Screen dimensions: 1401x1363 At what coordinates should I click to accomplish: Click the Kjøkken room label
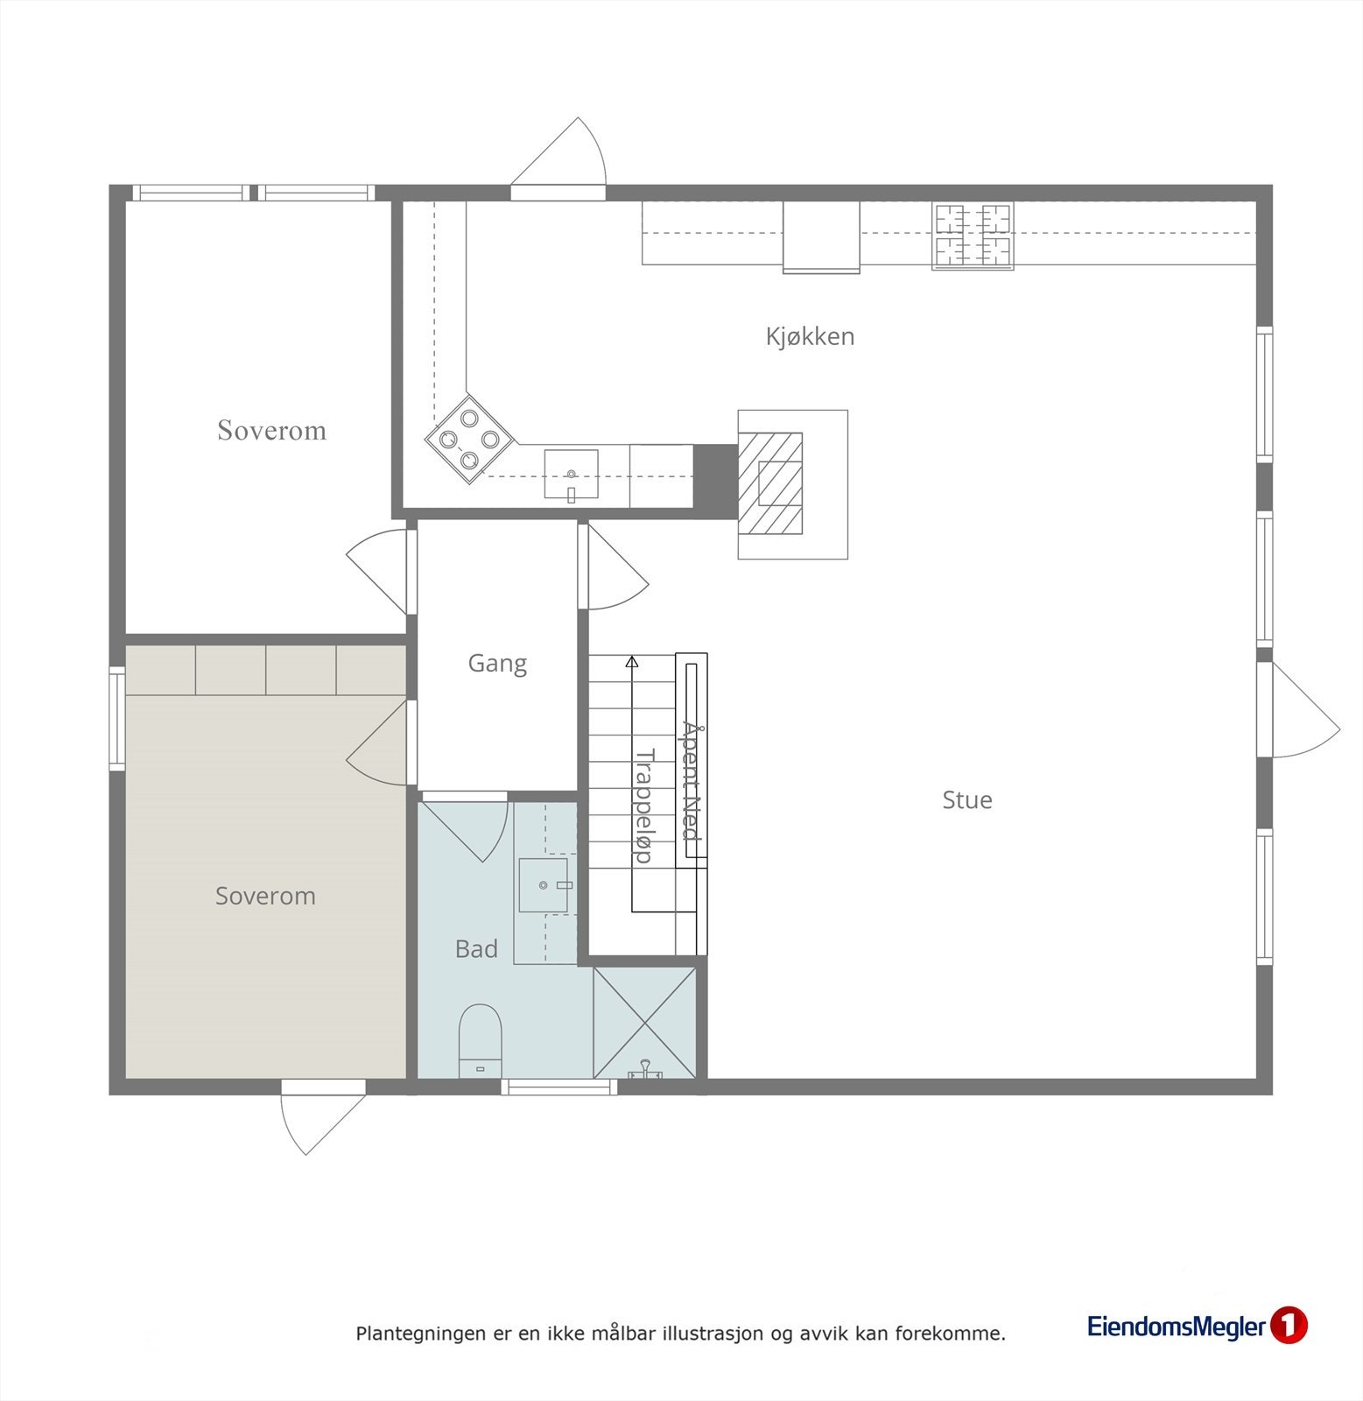pyautogui.click(x=810, y=336)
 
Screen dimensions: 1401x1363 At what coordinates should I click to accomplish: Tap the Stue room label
pyautogui.click(x=966, y=799)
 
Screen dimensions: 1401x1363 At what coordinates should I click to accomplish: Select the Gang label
pyautogui.click(x=497, y=663)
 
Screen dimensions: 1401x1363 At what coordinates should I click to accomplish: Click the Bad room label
pyautogui.click(x=476, y=949)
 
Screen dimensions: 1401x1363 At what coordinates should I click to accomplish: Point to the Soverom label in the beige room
pyautogui.click(x=265, y=896)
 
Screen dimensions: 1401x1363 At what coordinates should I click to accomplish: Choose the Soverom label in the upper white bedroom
pyautogui.click(x=271, y=430)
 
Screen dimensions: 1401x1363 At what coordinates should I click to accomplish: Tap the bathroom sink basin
pyautogui.click(x=545, y=885)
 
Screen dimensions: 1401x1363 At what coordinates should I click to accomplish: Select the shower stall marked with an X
pyautogui.click(x=644, y=1023)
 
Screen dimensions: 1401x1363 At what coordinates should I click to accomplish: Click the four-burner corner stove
pyautogui.click(x=469, y=439)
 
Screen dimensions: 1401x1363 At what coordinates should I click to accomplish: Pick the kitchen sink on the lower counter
pyautogui.click(x=571, y=474)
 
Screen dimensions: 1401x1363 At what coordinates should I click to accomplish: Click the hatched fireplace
pyautogui.click(x=770, y=483)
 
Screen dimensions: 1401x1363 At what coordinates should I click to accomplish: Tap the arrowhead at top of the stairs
pyautogui.click(x=632, y=662)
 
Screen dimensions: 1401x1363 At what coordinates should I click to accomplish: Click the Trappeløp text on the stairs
pyautogui.click(x=644, y=805)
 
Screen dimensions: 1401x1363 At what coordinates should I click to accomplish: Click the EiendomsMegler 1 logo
pyautogui.click(x=1197, y=1326)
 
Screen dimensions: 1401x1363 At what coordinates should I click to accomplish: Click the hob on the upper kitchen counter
pyautogui.click(x=973, y=235)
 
